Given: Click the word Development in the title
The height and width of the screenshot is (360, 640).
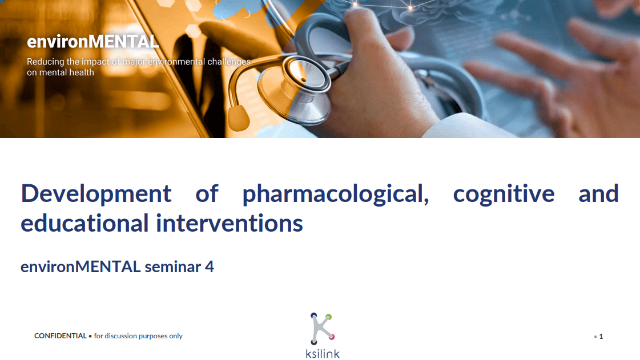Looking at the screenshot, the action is (x=96, y=194).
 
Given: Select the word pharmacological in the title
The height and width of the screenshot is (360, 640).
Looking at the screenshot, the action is (x=336, y=194).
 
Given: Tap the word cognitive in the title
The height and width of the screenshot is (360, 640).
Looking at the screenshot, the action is (x=504, y=194).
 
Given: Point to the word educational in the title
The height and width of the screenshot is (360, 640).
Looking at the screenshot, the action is (x=84, y=223).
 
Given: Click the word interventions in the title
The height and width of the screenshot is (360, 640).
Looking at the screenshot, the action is (x=230, y=224).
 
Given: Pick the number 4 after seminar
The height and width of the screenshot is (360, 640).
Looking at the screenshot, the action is (x=210, y=266).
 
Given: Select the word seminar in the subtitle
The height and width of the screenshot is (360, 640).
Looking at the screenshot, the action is (x=173, y=266).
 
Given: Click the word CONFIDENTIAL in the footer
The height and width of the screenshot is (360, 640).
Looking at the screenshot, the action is (x=61, y=336).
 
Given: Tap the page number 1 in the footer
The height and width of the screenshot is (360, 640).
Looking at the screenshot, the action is (x=601, y=337).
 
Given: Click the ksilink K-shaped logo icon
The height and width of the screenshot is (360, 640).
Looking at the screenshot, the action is (x=323, y=329).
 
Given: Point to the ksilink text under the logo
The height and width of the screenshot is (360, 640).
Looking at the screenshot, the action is (x=323, y=354).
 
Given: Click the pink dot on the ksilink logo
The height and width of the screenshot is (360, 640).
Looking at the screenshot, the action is (x=332, y=337).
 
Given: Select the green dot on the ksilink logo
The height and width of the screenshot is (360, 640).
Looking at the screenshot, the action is (x=329, y=317).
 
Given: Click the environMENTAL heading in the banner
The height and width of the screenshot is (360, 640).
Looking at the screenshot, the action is (x=92, y=42).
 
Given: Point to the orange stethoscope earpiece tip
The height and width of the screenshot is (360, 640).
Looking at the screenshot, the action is (x=239, y=118).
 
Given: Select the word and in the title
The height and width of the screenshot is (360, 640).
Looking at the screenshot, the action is (x=599, y=194).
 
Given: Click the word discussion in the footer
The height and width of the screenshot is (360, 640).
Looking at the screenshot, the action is (x=121, y=336).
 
